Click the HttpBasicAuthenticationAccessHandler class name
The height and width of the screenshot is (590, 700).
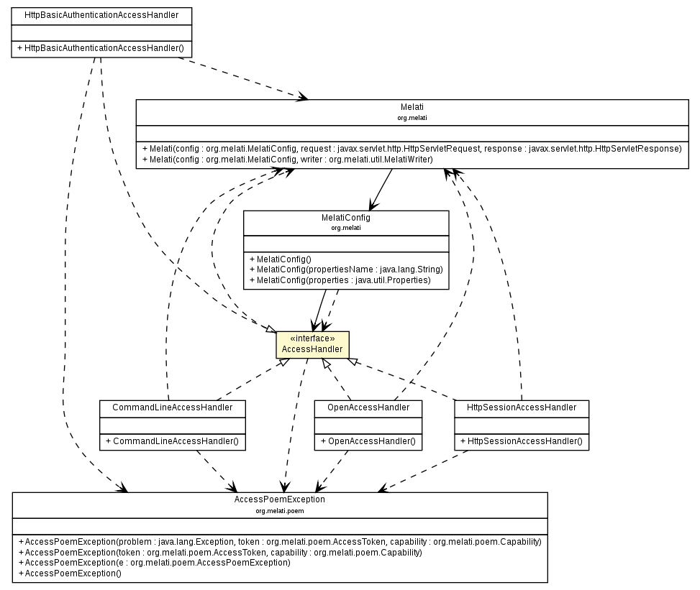101,14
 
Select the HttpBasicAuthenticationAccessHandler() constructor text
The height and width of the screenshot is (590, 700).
104,48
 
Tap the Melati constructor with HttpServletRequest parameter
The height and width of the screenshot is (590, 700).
412,149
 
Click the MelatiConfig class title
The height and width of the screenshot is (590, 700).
345,218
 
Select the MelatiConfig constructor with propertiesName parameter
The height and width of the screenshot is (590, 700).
345,269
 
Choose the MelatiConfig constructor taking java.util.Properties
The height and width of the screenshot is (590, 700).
340,280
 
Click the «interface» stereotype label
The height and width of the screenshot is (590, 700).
312,338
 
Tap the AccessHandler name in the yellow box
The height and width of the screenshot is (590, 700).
312,349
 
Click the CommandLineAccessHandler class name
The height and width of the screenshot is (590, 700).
172,407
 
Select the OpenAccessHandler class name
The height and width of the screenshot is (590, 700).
368,407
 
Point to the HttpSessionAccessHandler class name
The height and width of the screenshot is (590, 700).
521,407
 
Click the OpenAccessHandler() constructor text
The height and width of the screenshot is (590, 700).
368,441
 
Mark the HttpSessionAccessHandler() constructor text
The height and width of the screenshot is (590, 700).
521,441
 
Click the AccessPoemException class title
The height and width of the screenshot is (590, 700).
279,499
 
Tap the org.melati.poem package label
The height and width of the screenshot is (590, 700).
279,510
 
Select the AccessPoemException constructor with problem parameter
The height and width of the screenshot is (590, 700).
279,542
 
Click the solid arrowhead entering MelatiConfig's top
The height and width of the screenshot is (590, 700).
372,206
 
